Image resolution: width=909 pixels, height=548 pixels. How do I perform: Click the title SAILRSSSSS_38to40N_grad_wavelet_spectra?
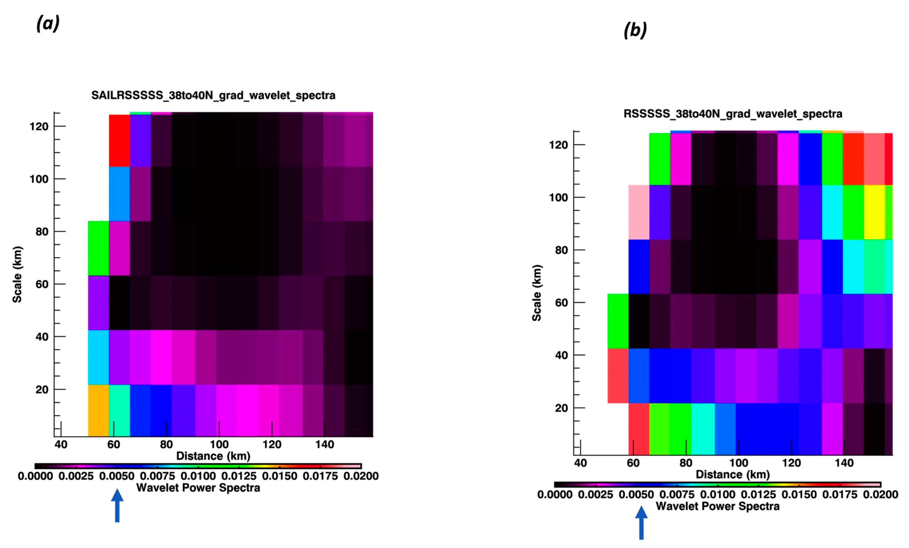[213, 95]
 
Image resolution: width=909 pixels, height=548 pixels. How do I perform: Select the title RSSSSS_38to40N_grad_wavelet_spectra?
[733, 114]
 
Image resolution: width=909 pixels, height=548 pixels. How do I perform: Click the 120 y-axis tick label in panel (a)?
[39, 126]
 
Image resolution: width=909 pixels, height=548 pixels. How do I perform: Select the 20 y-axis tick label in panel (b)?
[561, 408]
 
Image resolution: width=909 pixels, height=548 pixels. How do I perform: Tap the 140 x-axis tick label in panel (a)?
[325, 444]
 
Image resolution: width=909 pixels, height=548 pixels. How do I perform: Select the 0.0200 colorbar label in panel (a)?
[361, 476]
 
